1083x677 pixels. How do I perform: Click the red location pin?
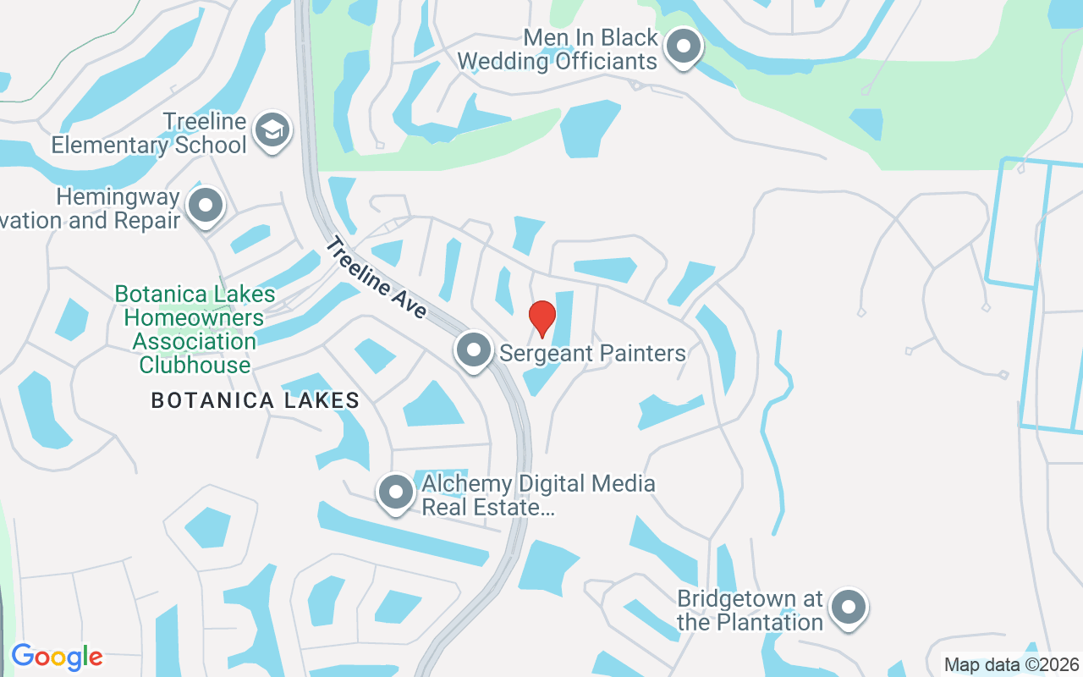[x=541, y=318]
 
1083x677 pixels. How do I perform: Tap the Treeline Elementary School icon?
[x=272, y=130]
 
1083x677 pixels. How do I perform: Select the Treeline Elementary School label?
[x=149, y=134]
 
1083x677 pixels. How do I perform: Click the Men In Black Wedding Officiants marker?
[x=683, y=47]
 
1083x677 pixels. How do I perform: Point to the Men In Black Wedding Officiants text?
[x=557, y=49]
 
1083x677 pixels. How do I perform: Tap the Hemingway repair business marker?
[x=205, y=206]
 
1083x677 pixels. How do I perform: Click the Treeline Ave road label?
[x=377, y=278]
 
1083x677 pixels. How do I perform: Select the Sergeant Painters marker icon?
[x=473, y=350]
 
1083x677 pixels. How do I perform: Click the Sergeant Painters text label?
[x=592, y=353]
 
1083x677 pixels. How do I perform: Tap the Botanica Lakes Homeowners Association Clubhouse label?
[x=195, y=330]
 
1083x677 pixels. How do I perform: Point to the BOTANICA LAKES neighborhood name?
[x=255, y=400]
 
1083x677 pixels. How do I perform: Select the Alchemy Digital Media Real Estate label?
[x=538, y=496]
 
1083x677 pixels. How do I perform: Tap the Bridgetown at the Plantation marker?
[x=848, y=608]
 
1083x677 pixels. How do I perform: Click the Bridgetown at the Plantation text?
[x=750, y=611]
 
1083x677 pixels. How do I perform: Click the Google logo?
[x=57, y=657]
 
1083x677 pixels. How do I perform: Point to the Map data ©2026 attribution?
[x=1010, y=665]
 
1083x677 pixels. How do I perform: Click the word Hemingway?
[x=118, y=197]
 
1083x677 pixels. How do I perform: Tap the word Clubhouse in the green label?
[x=195, y=366]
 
